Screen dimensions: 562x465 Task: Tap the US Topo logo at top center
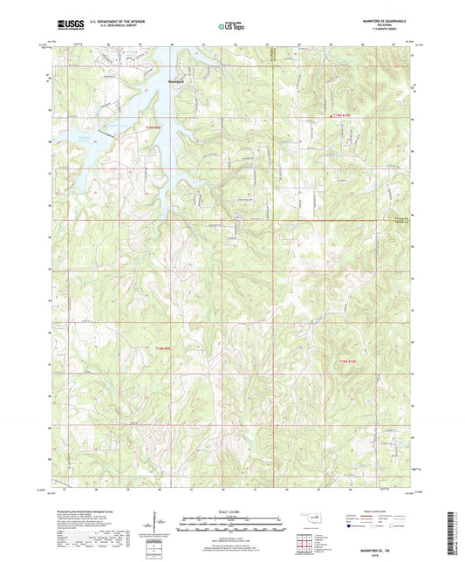click(x=231, y=26)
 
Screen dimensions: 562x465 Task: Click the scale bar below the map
click(x=232, y=525)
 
